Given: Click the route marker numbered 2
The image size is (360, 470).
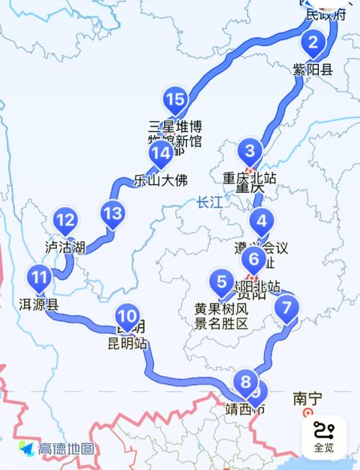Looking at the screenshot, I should (x=312, y=43).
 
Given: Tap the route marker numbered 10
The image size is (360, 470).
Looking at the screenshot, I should (x=127, y=315).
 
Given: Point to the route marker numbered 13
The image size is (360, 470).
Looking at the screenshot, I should (x=112, y=213).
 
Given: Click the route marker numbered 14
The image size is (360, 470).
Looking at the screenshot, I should (x=161, y=153).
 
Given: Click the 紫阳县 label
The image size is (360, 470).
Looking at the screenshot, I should (x=312, y=70).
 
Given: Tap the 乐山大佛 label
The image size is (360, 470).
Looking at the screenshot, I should (x=159, y=181).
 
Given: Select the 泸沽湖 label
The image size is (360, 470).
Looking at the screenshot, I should (x=66, y=248).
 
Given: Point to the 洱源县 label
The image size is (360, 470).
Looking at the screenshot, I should (x=37, y=304).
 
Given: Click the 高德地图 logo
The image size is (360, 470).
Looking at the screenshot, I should (x=57, y=448).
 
